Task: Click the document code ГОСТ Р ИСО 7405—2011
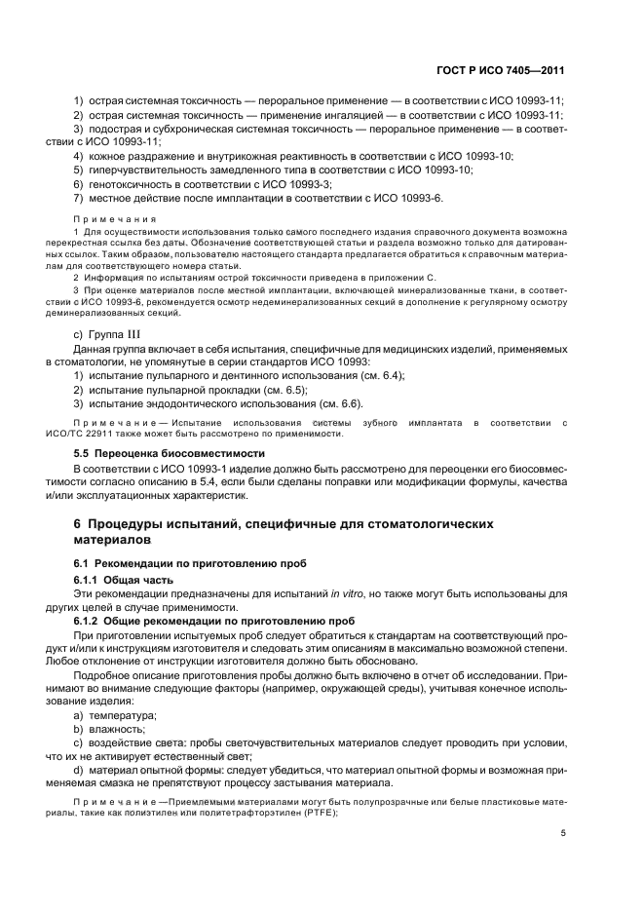506,71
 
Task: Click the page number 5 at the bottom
563,833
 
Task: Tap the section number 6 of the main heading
78,523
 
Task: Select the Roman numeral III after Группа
139,336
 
